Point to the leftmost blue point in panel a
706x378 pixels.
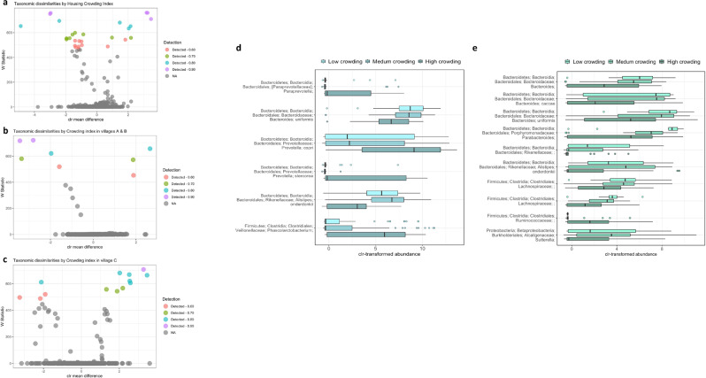coord(20,27)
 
